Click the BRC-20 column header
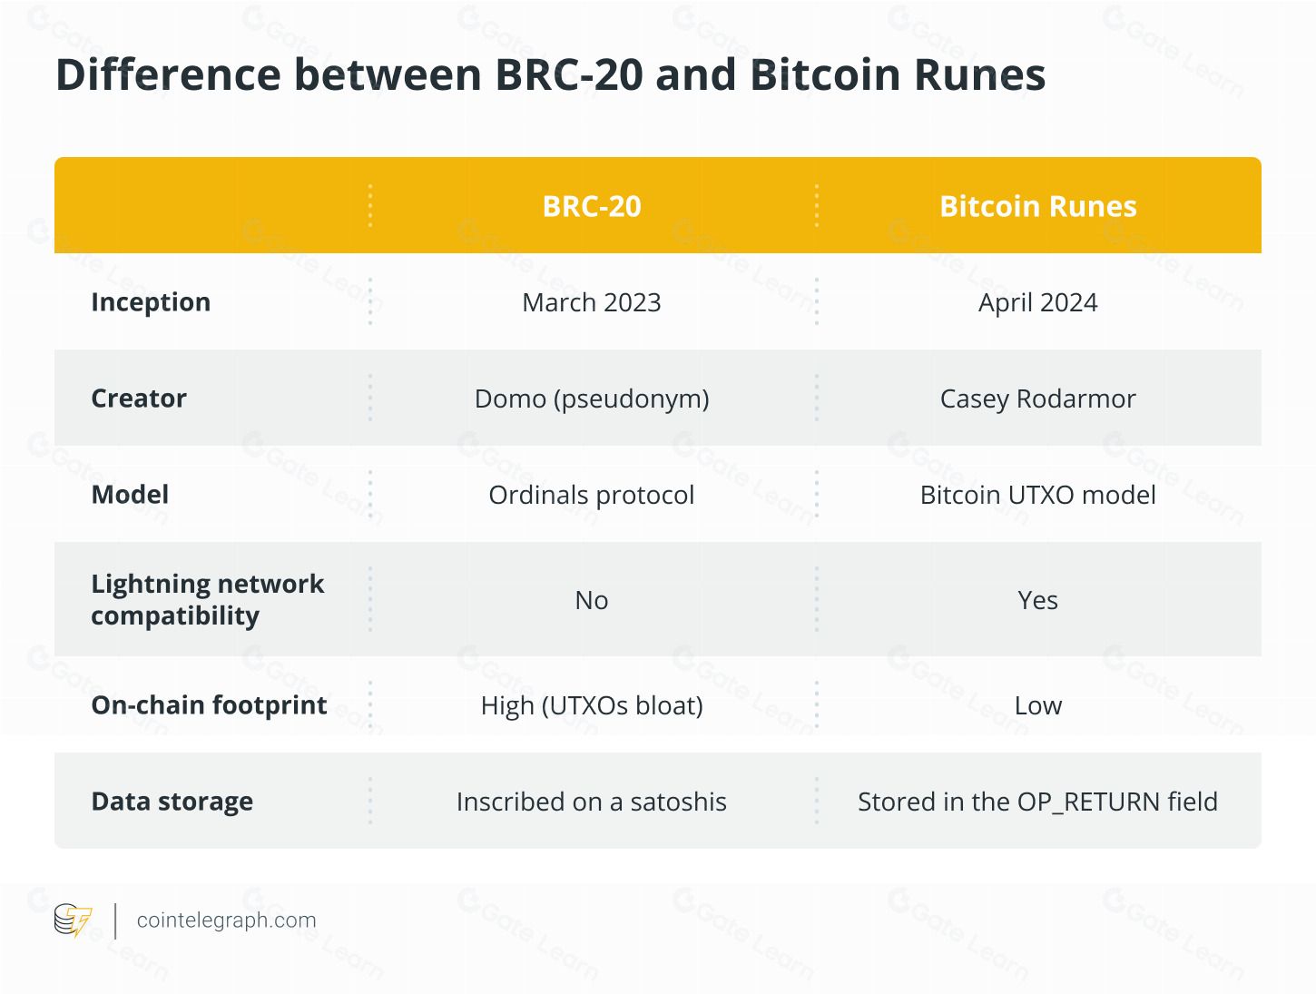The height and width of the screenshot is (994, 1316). [x=591, y=206]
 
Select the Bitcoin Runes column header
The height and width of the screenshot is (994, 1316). [x=1037, y=206]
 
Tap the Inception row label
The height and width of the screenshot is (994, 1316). [x=151, y=301]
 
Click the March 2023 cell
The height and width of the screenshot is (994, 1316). [x=591, y=302]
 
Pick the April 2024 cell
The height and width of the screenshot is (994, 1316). [x=1037, y=302]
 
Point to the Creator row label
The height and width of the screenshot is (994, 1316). [x=139, y=399]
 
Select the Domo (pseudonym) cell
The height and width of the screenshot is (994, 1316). [x=591, y=399]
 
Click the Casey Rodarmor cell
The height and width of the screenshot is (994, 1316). [x=1037, y=399]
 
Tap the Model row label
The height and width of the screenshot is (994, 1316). [x=130, y=495]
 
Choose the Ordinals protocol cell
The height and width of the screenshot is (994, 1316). [x=591, y=496]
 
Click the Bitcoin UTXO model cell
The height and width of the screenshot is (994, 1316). [x=1037, y=496]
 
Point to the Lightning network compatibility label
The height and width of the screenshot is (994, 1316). [x=208, y=599]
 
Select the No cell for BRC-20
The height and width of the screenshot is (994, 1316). [x=591, y=600]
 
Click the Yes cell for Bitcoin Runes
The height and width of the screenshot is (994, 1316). [x=1037, y=600]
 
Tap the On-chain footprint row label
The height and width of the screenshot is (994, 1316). [x=209, y=705]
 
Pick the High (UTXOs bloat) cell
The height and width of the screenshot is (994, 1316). [x=591, y=705]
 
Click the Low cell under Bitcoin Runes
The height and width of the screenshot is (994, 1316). [x=1037, y=705]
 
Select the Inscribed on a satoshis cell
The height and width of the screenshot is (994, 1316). [x=591, y=802]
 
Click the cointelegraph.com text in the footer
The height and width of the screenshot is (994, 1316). [x=226, y=920]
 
